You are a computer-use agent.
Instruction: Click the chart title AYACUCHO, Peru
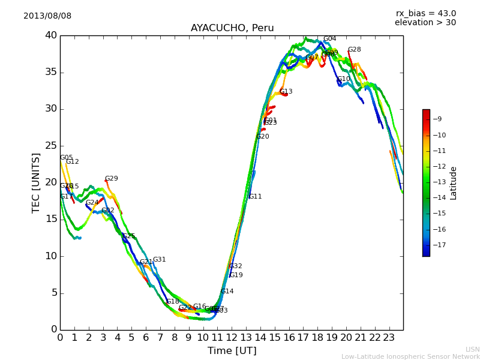(x=232, y=28)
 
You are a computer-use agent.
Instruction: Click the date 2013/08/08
(x=47, y=16)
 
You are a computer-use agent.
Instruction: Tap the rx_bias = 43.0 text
(x=426, y=14)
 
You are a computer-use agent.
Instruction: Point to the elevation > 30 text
(x=425, y=23)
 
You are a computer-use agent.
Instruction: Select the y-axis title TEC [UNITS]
(x=37, y=182)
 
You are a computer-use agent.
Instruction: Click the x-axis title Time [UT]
(x=232, y=350)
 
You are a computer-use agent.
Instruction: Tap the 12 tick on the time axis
(x=232, y=338)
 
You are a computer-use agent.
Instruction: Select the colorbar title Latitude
(x=454, y=183)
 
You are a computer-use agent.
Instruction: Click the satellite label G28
(x=355, y=50)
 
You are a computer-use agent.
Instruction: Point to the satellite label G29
(x=112, y=179)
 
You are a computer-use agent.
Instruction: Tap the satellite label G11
(x=255, y=197)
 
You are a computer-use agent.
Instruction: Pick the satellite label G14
(x=227, y=292)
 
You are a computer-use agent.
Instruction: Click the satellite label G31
(x=159, y=260)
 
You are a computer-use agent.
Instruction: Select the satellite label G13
(x=286, y=92)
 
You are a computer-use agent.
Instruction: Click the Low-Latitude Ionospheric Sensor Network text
(x=410, y=357)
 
